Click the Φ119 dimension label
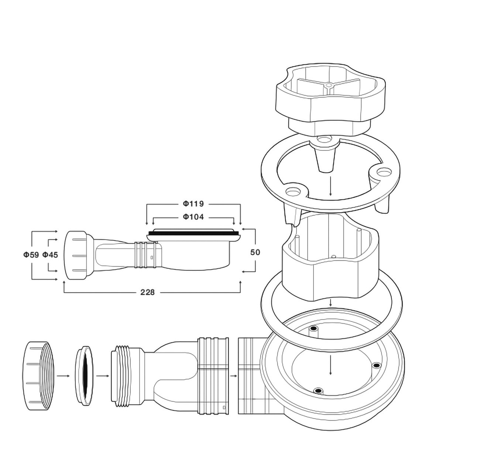pos(193,204)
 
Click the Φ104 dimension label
pos(193,217)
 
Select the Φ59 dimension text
pos(31,255)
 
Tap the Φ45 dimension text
pos(50,255)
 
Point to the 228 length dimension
pos(147,292)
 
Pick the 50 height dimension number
pos(255,253)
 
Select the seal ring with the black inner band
pos(84,376)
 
